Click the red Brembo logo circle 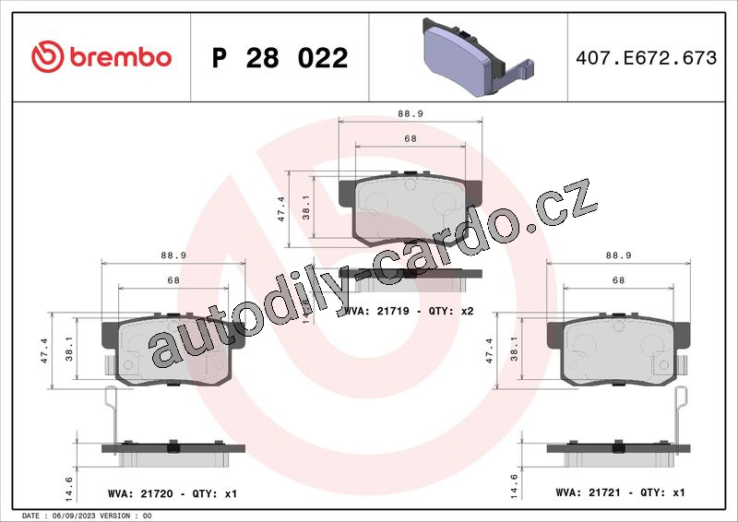48,57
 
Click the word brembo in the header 121,57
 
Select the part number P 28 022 280,58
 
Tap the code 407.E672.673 647,58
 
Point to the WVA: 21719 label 376,311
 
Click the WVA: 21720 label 140,493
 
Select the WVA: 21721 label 589,492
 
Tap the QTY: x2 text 451,311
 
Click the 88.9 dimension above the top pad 411,113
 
